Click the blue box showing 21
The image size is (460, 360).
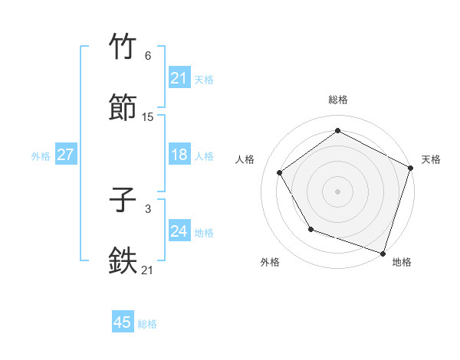(x=179, y=78)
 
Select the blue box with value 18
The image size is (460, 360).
(x=179, y=155)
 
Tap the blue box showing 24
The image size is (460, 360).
(x=179, y=231)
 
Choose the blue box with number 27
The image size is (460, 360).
(x=65, y=155)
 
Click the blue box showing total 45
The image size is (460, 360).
(x=123, y=322)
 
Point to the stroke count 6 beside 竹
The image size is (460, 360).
(x=148, y=56)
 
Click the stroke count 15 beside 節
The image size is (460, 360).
(x=148, y=116)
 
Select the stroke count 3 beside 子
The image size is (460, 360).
(x=148, y=208)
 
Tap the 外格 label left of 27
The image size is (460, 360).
(x=41, y=156)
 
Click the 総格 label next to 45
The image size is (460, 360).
(x=147, y=324)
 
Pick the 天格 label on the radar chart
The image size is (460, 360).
(x=432, y=159)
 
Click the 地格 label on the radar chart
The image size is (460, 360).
(x=402, y=262)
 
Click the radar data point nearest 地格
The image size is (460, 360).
(x=383, y=252)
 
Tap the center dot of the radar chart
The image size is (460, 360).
(x=337, y=191)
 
